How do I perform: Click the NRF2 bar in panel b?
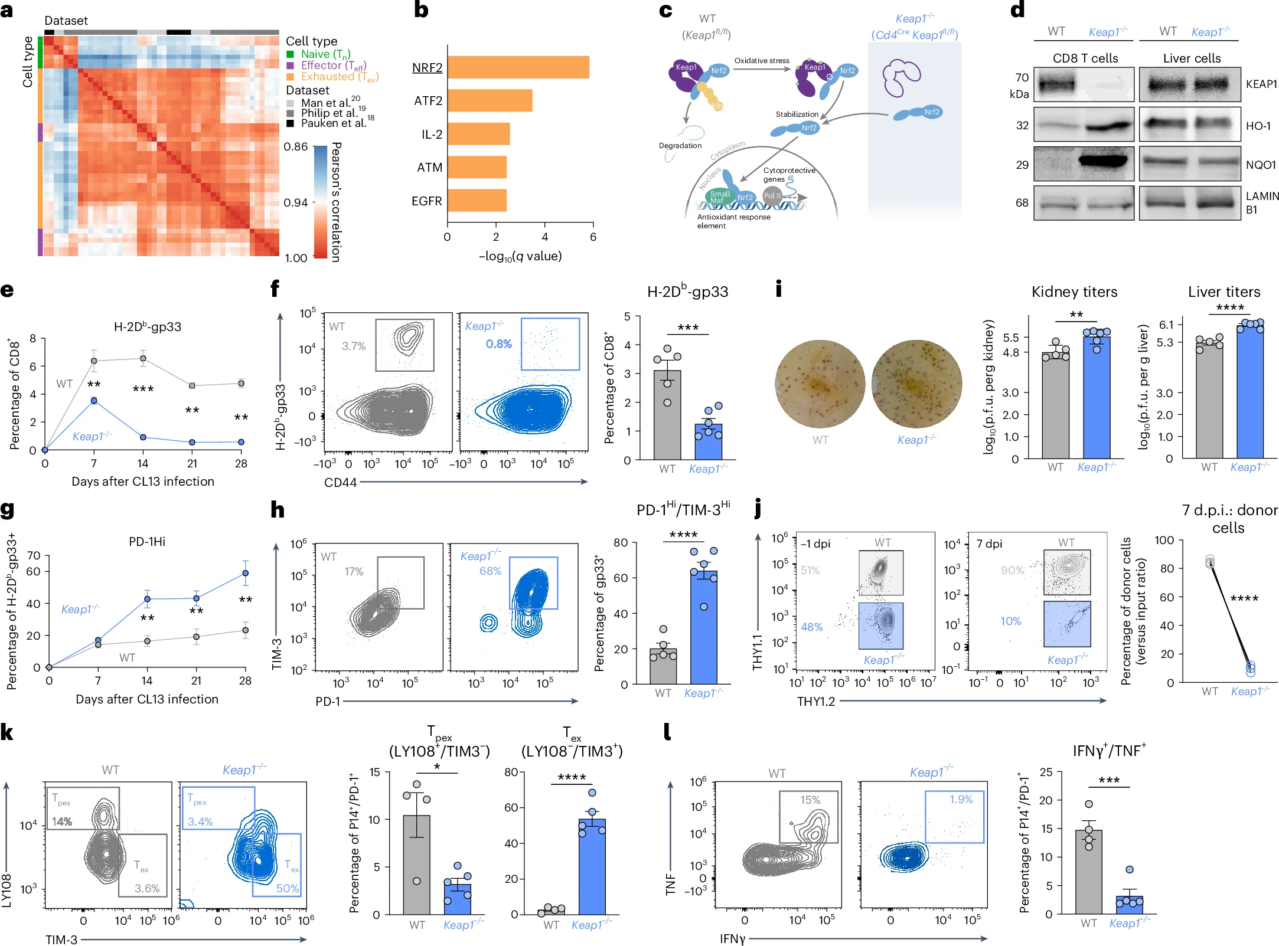tap(518, 67)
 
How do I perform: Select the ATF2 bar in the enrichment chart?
tap(490, 100)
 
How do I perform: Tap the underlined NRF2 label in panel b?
tap(427, 68)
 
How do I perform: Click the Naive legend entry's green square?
tap(290, 54)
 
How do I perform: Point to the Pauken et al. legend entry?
tap(334, 123)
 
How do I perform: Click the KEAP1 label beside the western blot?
tap(1261, 84)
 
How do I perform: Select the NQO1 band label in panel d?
tap(1261, 165)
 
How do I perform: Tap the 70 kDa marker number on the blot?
tap(1022, 77)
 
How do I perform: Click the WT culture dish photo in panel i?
tap(820, 384)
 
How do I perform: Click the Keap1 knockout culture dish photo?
tap(916, 384)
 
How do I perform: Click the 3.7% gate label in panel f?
tap(354, 346)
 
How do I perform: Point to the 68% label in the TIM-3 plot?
tap(490, 571)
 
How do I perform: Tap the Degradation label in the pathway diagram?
tap(680, 146)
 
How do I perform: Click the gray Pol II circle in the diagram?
tap(772, 196)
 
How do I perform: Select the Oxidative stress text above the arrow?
tap(762, 61)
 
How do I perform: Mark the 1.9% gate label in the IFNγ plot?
tap(961, 800)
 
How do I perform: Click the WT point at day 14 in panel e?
tap(143, 358)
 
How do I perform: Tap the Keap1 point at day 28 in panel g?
tap(245, 573)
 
